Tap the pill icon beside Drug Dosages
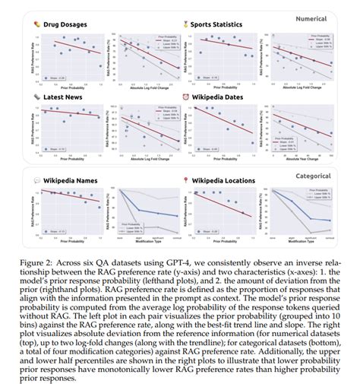[38, 24]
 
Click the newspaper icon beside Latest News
[38, 97]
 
